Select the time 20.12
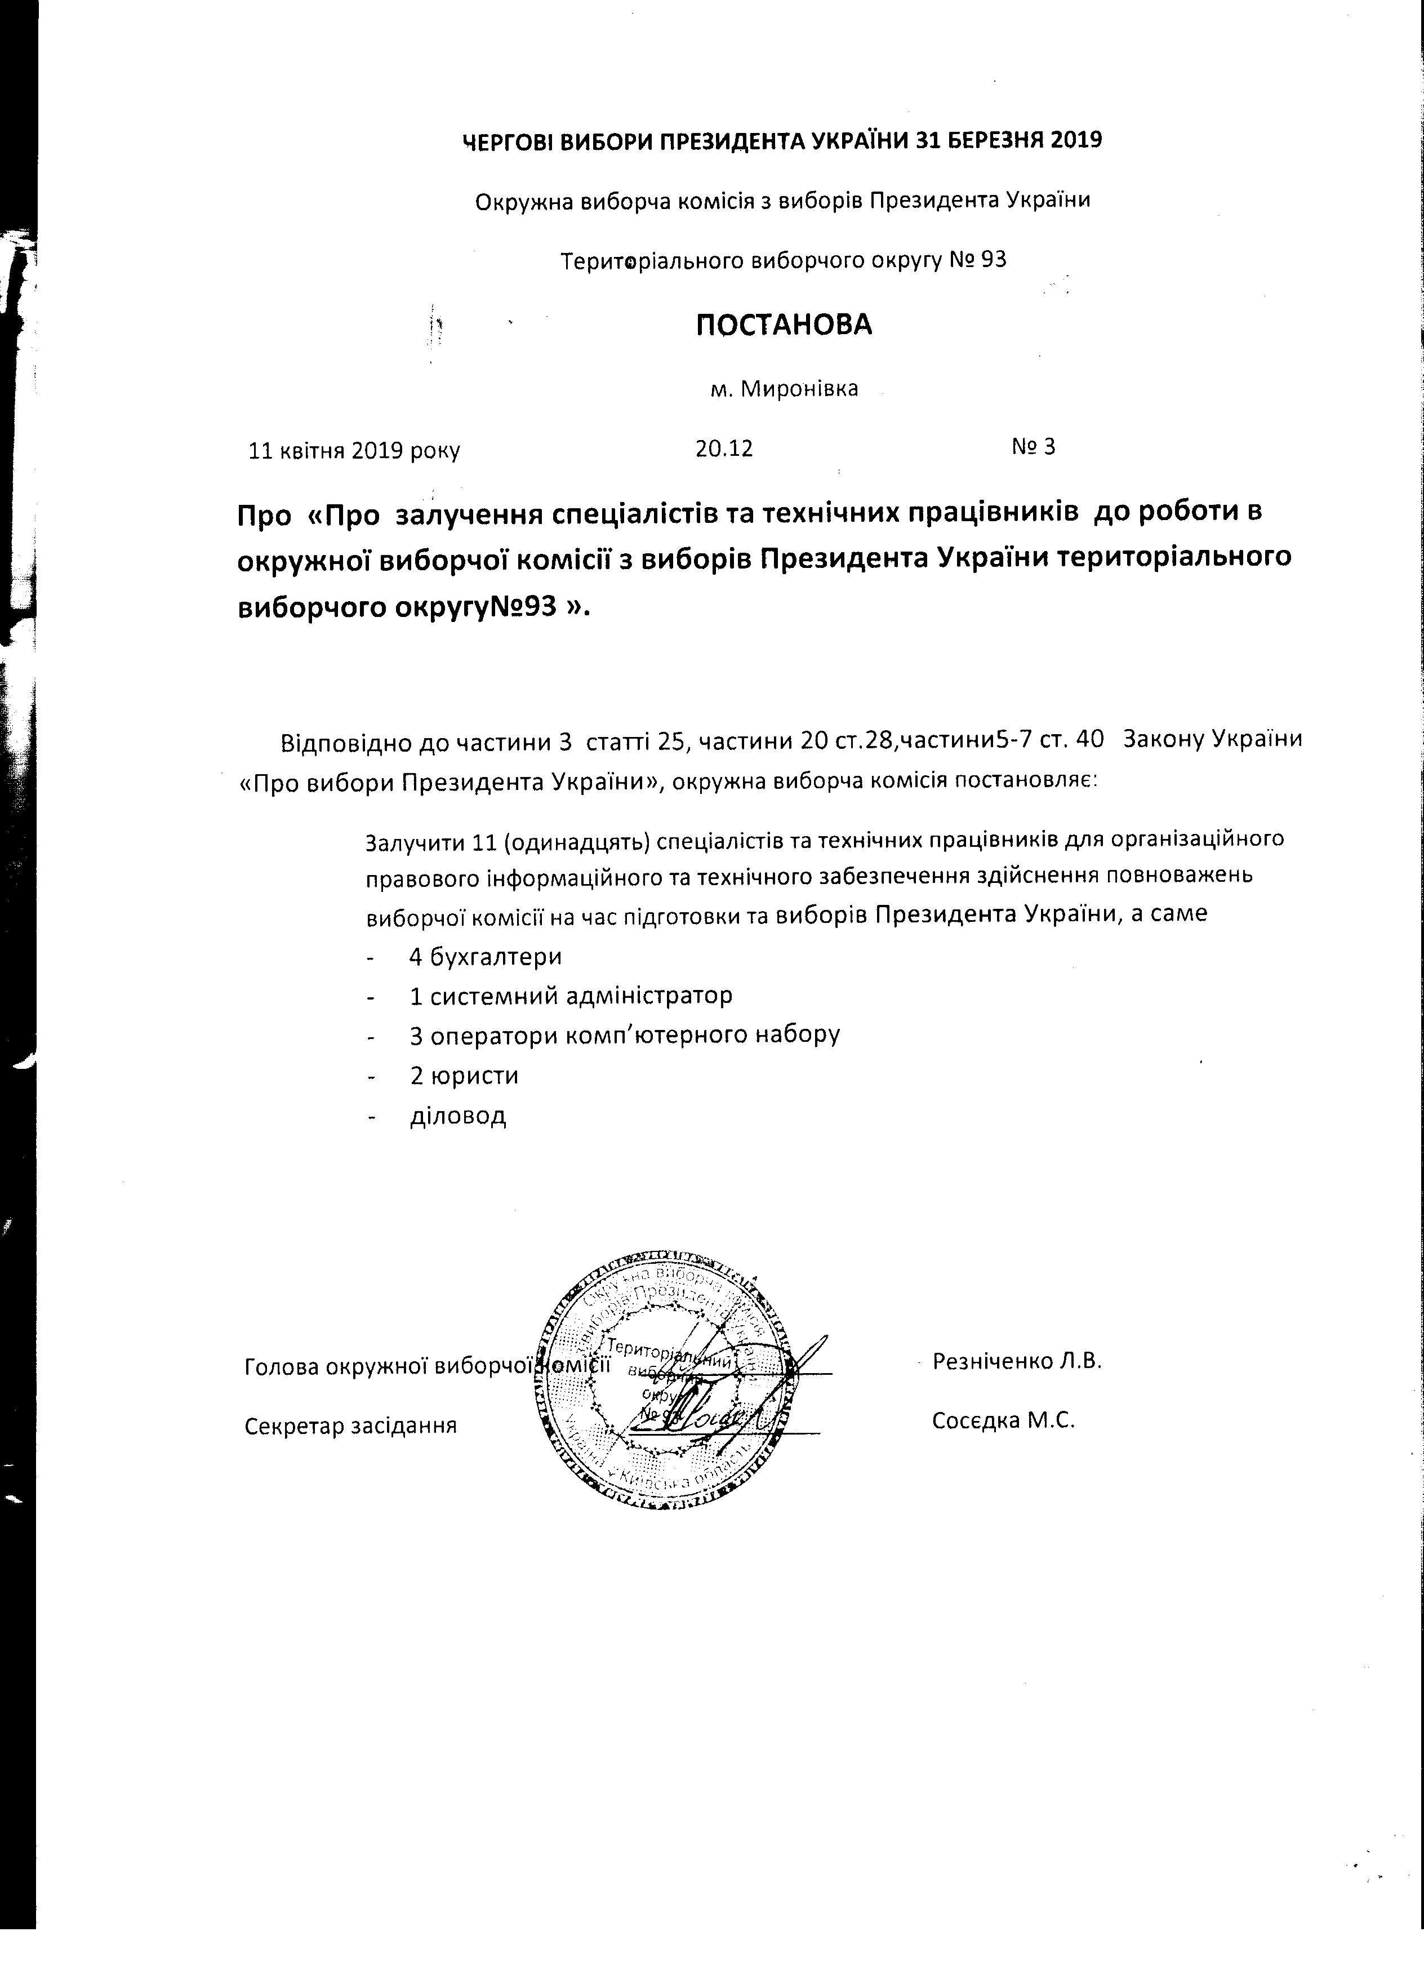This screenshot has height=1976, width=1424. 724,449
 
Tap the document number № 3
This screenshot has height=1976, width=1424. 1033,447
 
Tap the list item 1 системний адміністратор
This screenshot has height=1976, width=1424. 571,995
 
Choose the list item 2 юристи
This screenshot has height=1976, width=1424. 464,1075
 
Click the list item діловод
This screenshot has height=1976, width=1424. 458,1116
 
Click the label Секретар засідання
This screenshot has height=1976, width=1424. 351,1426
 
